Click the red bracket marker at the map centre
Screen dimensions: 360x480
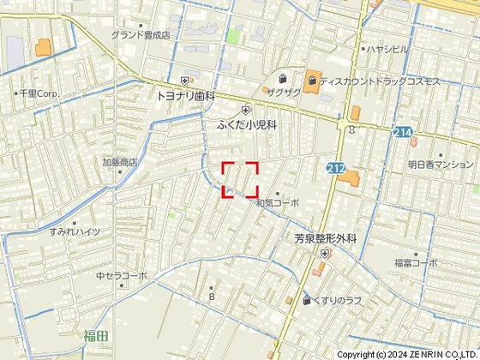point(240,179)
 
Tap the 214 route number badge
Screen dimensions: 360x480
point(405,134)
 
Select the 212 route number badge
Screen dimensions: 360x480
point(335,169)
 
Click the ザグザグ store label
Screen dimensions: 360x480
point(283,92)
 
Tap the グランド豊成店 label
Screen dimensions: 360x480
point(141,36)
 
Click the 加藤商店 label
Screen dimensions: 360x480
point(120,162)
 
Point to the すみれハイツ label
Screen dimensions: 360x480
point(75,232)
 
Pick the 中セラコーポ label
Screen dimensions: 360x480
point(122,276)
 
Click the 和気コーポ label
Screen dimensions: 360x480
point(278,203)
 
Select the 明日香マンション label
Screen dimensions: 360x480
point(441,163)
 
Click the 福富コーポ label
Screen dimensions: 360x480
point(416,262)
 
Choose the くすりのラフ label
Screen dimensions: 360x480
point(335,300)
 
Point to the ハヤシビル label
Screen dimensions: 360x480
point(387,50)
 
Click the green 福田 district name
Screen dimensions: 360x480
point(96,336)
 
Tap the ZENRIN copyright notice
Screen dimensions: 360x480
point(412,353)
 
